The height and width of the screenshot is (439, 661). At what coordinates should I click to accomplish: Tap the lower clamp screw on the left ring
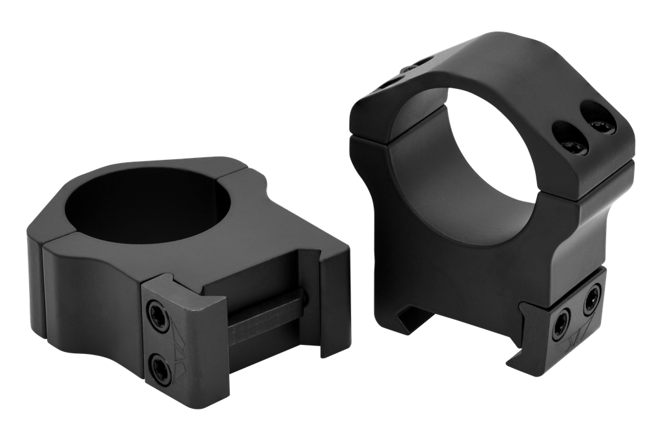click(x=159, y=367)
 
